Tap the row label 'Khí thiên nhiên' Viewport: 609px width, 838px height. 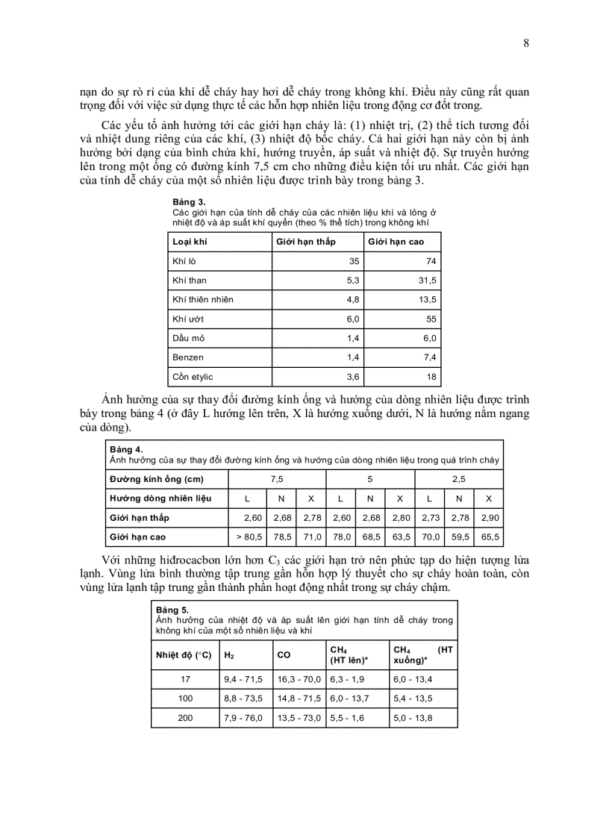pos(203,299)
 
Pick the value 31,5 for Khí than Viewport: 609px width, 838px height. pos(425,281)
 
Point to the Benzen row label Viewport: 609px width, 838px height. pos(188,357)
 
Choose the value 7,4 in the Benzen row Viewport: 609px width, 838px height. pos(428,357)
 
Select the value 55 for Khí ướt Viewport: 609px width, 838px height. pos(431,319)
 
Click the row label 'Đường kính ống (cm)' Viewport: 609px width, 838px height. pos(157,478)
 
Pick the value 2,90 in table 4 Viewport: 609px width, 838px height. pos(489,517)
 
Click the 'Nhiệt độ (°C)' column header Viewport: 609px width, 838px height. pos(184,654)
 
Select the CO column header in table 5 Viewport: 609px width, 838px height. pos(284,654)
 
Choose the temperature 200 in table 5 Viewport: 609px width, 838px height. pos(186,718)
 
